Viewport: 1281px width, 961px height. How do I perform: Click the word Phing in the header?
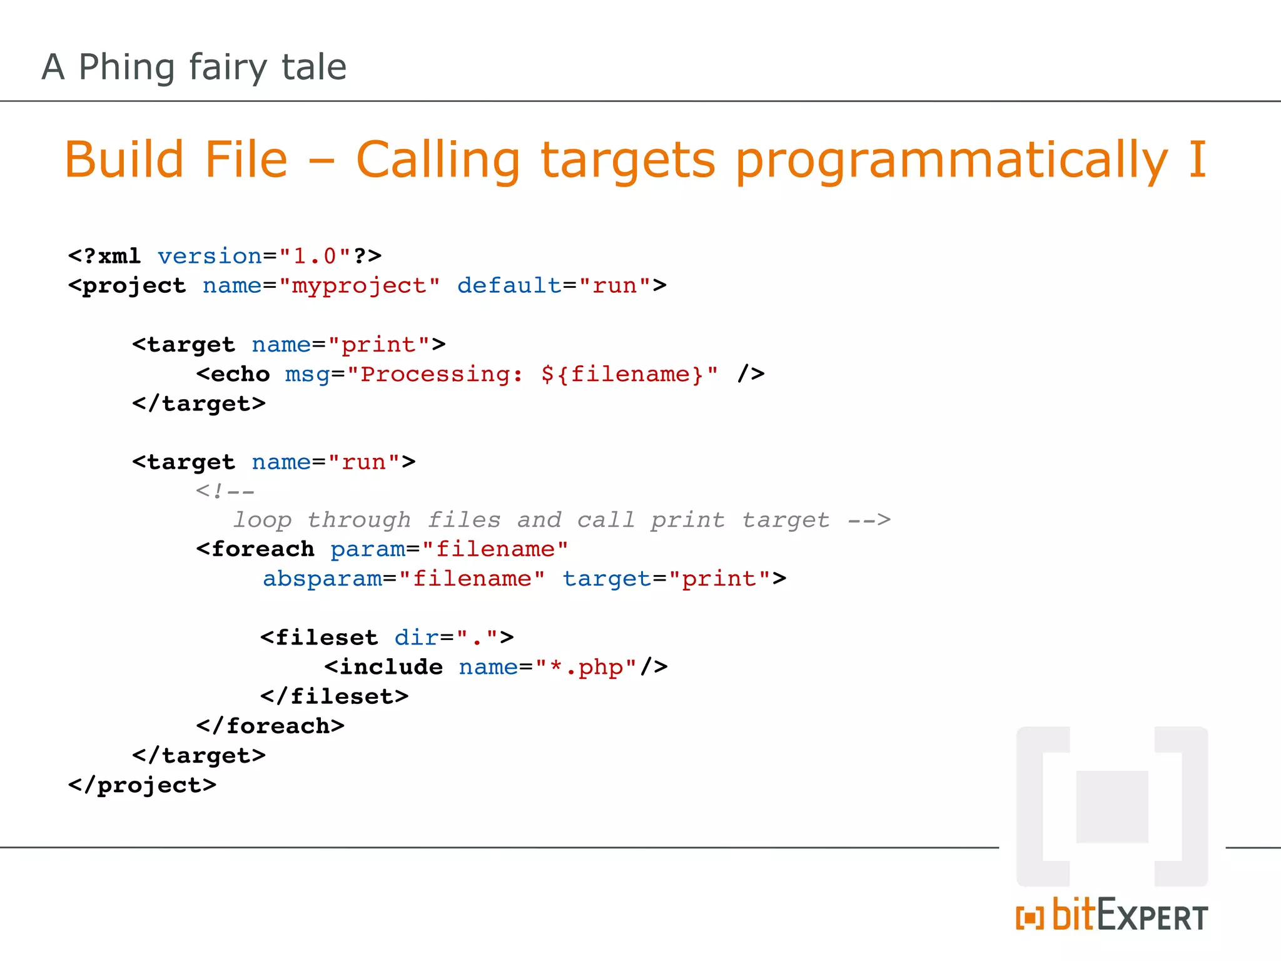click(x=126, y=68)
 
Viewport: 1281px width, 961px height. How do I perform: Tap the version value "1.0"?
click(x=315, y=257)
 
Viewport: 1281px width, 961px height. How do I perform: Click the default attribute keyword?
click(x=509, y=286)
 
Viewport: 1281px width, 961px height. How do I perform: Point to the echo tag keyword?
click(x=240, y=374)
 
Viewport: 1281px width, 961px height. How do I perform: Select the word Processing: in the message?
click(x=442, y=374)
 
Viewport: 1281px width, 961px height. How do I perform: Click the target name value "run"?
click(x=363, y=462)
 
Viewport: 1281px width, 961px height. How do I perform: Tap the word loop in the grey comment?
click(x=263, y=520)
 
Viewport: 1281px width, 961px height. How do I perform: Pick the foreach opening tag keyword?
click(x=262, y=549)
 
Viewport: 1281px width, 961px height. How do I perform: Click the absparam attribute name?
click(x=322, y=579)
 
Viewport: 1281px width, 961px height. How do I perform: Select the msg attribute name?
click(x=307, y=374)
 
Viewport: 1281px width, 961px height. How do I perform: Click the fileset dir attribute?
click(x=416, y=638)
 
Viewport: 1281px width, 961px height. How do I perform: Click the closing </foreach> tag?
click(x=270, y=726)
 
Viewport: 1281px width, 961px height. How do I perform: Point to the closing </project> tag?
click(x=143, y=785)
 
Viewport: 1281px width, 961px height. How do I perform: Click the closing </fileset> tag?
click(x=335, y=696)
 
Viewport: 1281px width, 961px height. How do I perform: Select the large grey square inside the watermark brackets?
click(x=1112, y=806)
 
